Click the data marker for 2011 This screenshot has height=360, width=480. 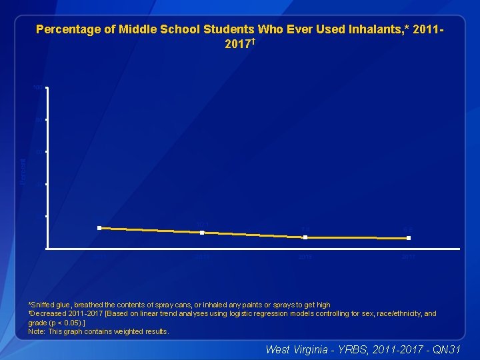click(x=99, y=228)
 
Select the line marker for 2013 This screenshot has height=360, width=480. click(x=202, y=233)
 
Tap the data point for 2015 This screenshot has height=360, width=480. click(x=305, y=237)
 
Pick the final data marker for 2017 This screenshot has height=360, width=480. click(x=409, y=238)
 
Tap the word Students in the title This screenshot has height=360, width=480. click(x=224, y=29)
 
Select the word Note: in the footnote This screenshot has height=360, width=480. click(x=37, y=331)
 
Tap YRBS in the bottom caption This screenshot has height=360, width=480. click(x=353, y=349)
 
